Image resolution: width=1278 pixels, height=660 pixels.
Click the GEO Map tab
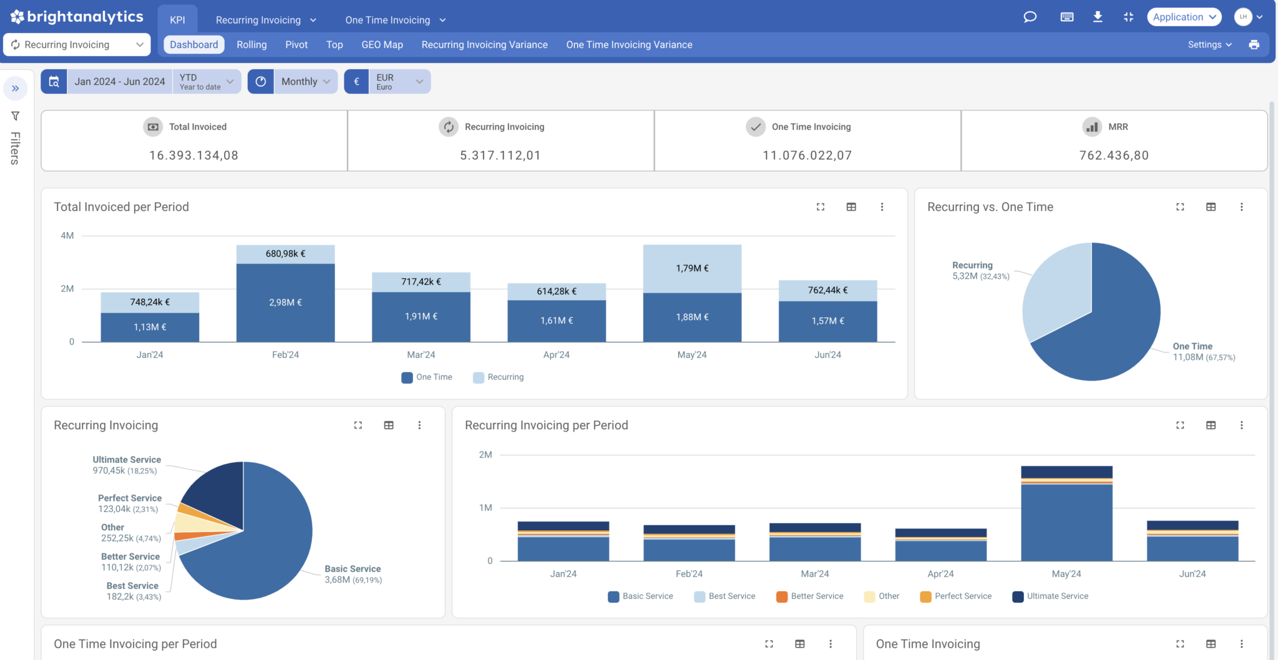(382, 45)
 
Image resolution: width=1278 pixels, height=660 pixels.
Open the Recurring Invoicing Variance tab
(484, 45)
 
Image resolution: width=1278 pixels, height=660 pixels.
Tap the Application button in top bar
(1184, 17)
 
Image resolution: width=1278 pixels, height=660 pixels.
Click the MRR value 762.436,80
(1114, 155)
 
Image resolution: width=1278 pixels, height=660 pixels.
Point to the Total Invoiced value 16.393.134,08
(193, 155)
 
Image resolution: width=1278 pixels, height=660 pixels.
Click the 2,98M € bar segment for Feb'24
(285, 303)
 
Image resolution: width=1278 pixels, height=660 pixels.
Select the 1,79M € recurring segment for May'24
(692, 268)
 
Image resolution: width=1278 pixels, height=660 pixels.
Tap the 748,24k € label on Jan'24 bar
(150, 302)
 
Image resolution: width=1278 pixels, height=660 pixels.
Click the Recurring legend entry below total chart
(499, 377)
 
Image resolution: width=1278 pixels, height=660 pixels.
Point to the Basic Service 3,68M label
(353, 574)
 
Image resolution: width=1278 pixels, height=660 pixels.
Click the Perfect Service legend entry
(956, 596)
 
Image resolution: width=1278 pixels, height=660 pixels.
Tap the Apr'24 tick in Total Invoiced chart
(556, 355)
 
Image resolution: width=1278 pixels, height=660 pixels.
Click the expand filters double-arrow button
(16, 89)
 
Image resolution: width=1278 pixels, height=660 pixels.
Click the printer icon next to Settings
(1254, 45)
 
